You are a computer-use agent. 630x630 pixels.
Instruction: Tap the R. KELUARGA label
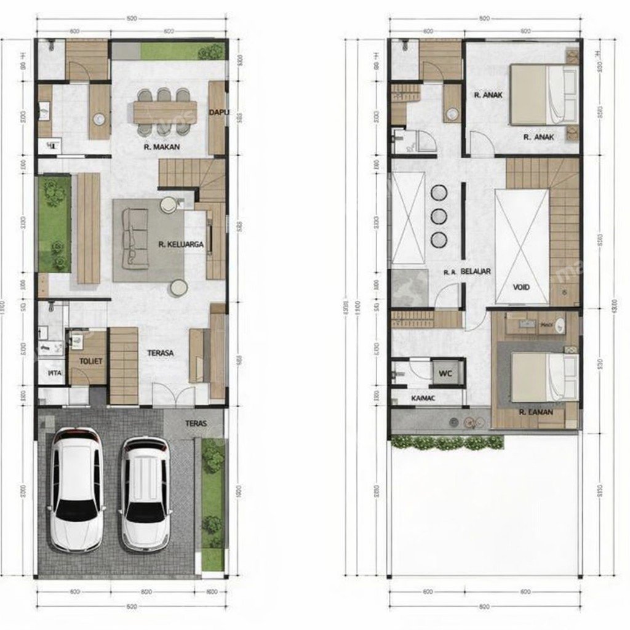coord(181,244)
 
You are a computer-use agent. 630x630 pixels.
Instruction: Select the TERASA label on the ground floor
coord(160,353)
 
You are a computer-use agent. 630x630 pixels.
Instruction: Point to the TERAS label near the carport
coord(195,423)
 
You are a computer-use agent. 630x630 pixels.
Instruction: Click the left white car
coord(76,489)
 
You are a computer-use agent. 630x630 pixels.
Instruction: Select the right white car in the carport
coord(145,493)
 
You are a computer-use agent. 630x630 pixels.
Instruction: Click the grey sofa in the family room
coord(134,237)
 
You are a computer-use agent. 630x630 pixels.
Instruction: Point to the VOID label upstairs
coord(521,287)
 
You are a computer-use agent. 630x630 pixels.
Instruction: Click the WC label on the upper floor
coord(446,372)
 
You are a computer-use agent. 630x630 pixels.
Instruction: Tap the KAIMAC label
coord(423,399)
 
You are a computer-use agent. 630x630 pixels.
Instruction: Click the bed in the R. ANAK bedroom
coord(544,95)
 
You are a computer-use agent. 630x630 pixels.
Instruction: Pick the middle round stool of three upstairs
coord(439,216)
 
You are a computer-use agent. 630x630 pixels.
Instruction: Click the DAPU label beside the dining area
coord(218,112)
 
